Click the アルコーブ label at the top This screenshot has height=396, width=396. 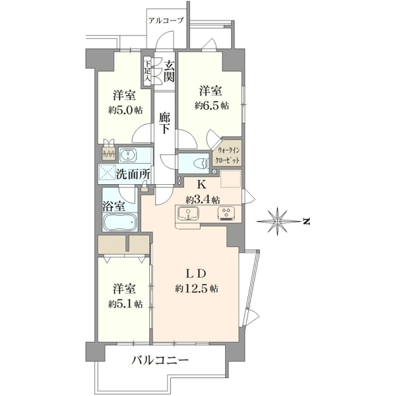click(x=166, y=20)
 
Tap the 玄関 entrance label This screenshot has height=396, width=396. click(x=169, y=72)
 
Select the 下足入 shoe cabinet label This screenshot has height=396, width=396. click(x=147, y=71)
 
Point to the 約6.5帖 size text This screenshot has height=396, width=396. click(x=211, y=106)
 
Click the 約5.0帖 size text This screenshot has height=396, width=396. click(x=125, y=110)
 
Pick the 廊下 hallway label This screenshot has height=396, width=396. click(x=164, y=123)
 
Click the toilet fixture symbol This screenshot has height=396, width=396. click(x=201, y=164)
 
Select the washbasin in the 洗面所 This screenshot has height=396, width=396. click(x=128, y=154)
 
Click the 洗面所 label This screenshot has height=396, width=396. click(x=133, y=174)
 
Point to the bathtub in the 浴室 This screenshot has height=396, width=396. click(x=119, y=222)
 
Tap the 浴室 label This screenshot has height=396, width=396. click(x=114, y=207)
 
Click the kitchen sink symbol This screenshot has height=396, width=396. click(x=188, y=213)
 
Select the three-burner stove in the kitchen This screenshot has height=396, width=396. click(x=226, y=213)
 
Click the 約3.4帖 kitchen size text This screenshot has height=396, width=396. click(x=203, y=201)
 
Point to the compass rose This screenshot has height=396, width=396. click(x=277, y=222)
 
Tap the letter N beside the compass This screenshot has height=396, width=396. click(x=307, y=222)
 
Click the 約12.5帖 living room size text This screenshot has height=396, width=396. click(x=197, y=288)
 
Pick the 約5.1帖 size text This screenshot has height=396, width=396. click(x=125, y=304)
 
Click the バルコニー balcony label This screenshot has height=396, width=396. click(x=160, y=360)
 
